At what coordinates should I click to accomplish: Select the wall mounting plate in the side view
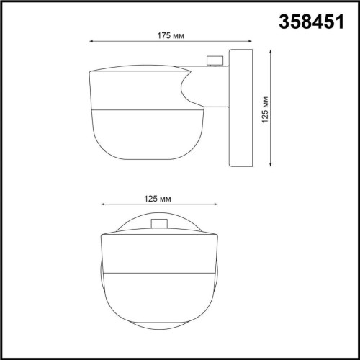coord(240,108)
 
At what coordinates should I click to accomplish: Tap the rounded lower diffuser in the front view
coord(158,302)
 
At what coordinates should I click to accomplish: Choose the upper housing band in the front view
coord(158,252)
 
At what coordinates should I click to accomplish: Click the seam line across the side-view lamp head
coord(144,109)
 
